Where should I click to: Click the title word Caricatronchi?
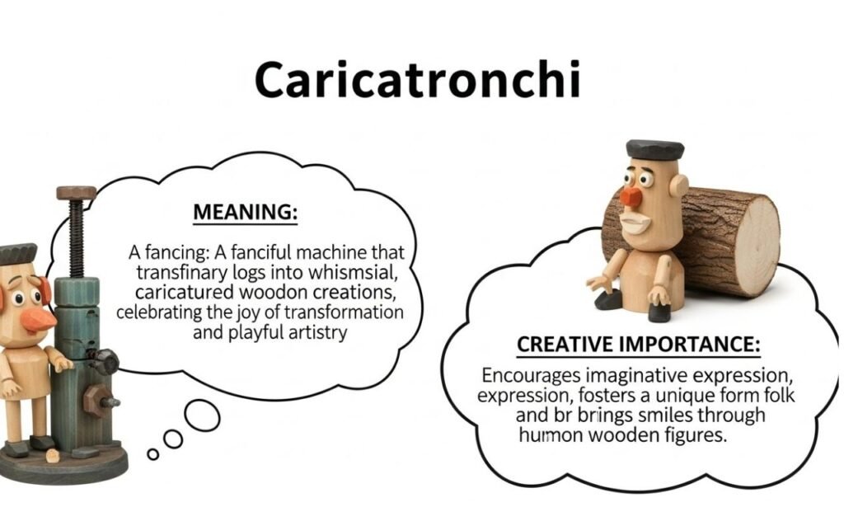pos(417,80)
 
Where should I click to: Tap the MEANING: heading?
pos(245,212)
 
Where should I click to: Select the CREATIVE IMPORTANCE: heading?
pos(638,345)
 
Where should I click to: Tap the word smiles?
pos(641,415)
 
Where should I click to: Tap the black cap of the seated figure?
pos(654,149)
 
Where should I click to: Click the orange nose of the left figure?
pos(37,318)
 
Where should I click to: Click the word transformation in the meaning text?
pos(347,312)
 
